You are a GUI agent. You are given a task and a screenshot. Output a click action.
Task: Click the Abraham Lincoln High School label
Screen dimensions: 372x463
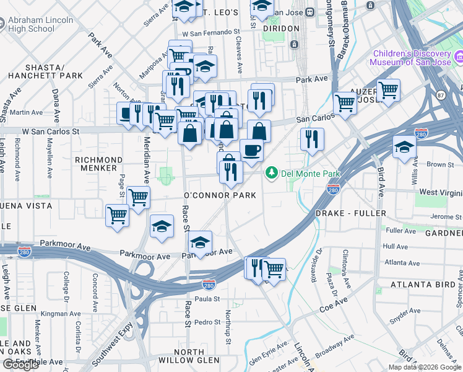[x=41, y=25]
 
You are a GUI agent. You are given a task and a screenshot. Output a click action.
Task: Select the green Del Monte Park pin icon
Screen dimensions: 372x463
[x=270, y=172]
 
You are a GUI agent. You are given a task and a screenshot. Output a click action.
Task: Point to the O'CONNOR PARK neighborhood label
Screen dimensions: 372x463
[x=219, y=195]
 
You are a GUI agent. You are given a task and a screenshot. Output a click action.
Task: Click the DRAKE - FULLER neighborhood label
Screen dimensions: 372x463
[x=350, y=213]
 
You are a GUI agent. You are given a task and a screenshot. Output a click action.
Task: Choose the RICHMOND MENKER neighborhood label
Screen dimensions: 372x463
[x=95, y=164]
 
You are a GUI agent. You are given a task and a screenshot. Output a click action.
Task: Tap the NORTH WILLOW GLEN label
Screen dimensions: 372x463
[x=188, y=356]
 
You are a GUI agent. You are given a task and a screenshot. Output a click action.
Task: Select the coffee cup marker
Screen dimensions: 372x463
[x=251, y=151]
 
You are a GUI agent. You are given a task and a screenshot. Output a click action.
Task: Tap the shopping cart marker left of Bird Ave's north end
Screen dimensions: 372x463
[x=344, y=104]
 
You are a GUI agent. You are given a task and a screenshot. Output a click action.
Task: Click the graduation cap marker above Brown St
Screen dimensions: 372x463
[x=404, y=148]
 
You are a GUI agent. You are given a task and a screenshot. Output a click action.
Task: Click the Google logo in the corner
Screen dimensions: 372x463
[x=20, y=365]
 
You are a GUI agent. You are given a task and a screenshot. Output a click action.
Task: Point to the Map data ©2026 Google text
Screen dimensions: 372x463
[x=424, y=367]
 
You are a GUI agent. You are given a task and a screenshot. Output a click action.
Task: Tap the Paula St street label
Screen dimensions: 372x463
[x=208, y=299]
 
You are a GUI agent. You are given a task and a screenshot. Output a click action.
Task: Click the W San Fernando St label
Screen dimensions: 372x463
[x=210, y=31]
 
